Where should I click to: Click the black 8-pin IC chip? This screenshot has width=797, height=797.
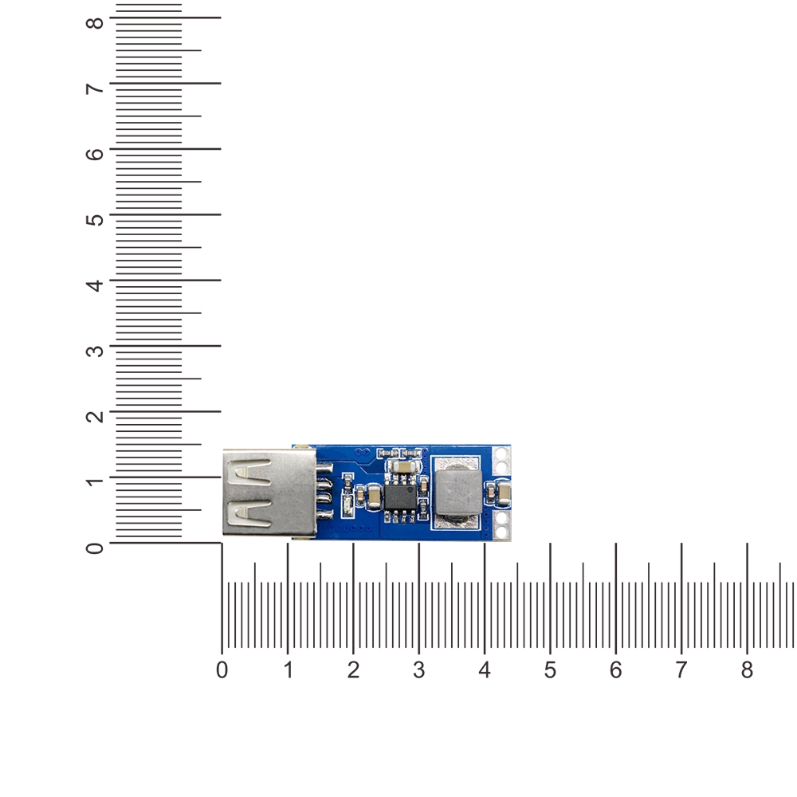point(400,497)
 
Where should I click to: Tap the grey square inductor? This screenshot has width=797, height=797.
point(457,491)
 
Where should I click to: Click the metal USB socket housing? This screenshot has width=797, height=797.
point(269,493)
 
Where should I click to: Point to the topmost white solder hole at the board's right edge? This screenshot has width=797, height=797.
point(501,453)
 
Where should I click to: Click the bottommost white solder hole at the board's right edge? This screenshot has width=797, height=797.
point(501,532)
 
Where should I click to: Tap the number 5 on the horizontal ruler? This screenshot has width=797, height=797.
point(550,670)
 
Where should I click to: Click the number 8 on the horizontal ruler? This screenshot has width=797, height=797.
point(747,670)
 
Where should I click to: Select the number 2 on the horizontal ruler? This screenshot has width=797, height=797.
point(353,670)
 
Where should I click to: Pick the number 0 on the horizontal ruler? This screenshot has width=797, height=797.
point(222,670)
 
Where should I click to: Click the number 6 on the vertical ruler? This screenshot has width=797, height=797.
point(95,154)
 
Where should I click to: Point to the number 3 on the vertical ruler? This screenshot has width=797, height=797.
point(95,351)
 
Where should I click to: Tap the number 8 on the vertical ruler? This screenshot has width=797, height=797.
point(95,23)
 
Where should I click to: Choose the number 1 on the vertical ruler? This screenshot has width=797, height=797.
point(95,481)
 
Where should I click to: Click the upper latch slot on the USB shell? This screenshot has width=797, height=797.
point(249,471)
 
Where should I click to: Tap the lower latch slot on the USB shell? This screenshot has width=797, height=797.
point(249,512)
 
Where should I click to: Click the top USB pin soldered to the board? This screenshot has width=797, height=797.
point(324,467)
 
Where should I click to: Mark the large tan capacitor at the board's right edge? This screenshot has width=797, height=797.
point(504,493)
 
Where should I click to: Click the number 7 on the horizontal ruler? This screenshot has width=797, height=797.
point(681,670)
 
